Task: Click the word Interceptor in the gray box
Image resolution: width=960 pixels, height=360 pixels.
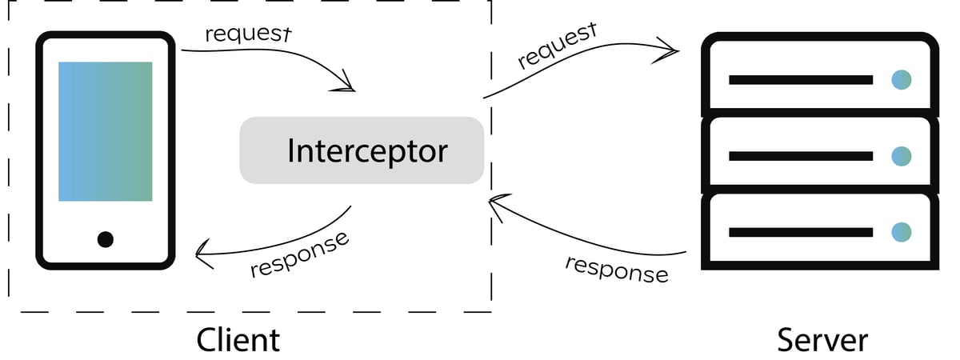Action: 367,150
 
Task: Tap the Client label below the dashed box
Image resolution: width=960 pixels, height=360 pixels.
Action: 238,339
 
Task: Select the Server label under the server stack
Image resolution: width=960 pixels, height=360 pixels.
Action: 822,339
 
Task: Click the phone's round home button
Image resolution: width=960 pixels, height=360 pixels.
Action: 105,238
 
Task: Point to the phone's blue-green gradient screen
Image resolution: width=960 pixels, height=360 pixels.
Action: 105,131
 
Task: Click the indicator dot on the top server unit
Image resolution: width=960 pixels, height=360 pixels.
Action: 902,80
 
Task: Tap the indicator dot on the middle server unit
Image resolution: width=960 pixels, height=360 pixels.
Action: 902,156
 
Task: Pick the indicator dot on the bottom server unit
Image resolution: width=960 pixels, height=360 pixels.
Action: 902,232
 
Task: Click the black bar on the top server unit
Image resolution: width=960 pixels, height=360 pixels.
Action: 800,80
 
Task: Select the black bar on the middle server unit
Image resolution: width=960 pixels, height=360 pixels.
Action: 800,156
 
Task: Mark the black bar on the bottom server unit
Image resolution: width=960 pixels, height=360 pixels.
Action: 800,232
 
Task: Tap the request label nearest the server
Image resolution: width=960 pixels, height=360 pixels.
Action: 558,46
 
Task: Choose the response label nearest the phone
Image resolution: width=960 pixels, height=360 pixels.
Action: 299,255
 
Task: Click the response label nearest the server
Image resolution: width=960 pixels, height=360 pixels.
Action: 616,269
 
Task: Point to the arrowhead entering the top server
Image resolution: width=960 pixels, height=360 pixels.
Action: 670,50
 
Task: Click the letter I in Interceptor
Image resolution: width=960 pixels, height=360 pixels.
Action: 291,150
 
